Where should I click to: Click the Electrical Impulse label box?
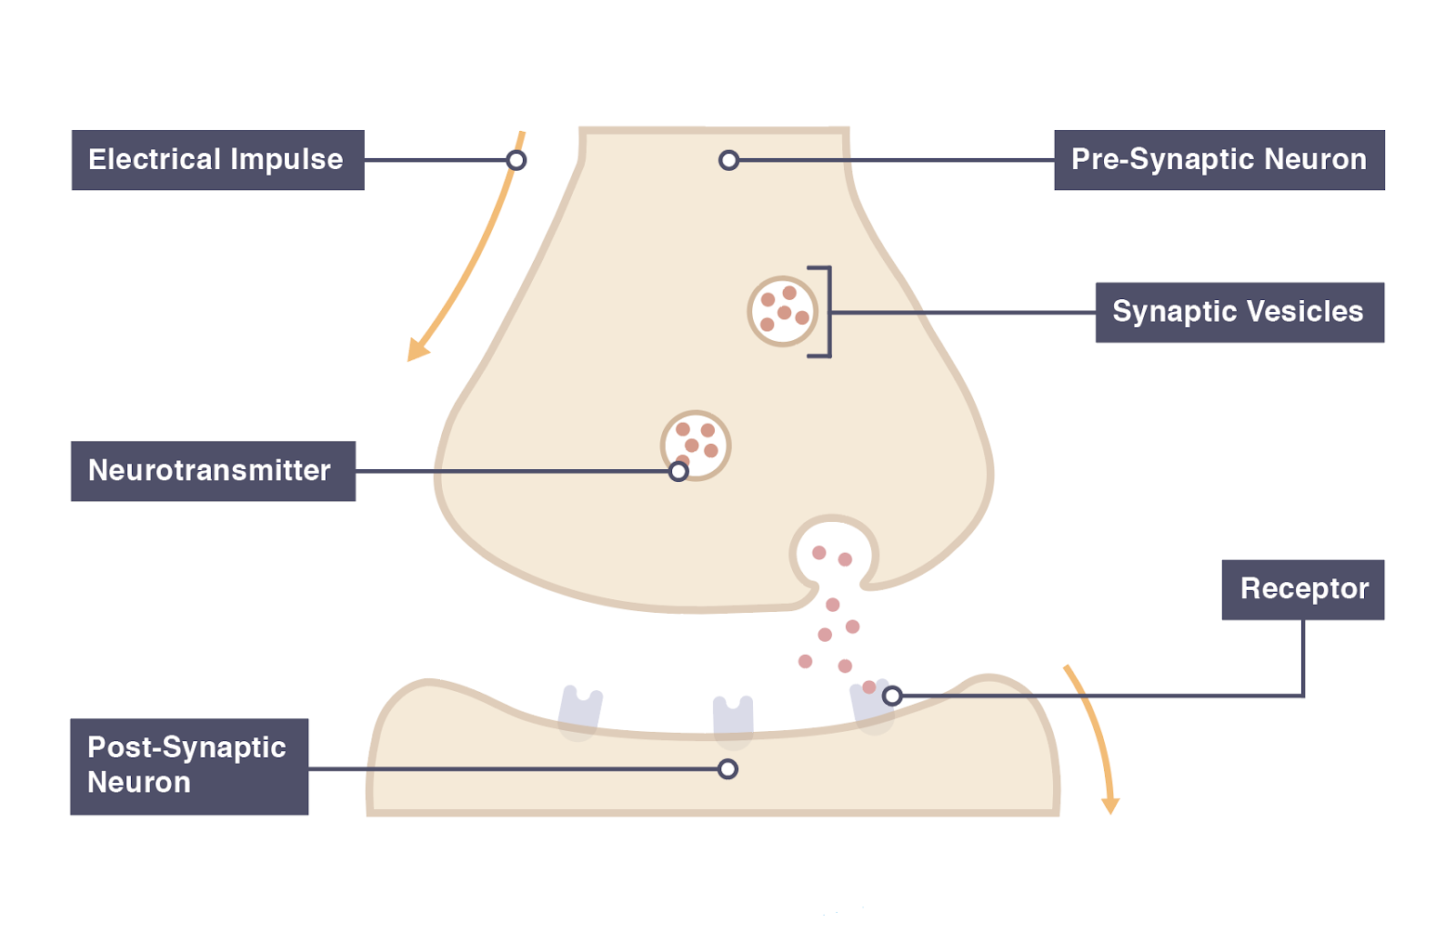click(x=218, y=160)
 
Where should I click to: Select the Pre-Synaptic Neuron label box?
click(x=1219, y=160)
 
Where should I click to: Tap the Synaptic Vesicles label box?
click(x=1239, y=312)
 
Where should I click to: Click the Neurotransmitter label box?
click(x=213, y=471)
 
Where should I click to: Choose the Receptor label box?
click(x=1302, y=589)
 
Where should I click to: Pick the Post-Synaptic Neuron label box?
click(x=189, y=766)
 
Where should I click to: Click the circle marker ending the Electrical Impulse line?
click(x=517, y=161)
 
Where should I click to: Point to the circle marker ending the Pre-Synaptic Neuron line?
click(x=728, y=161)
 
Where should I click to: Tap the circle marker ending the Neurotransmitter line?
click(x=678, y=471)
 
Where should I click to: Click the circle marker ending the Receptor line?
click(x=892, y=696)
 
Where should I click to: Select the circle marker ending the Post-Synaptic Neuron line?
click(x=727, y=769)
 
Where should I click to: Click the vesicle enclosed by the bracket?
click(x=782, y=311)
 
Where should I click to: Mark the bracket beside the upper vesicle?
click(x=824, y=312)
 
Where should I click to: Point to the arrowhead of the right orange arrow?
click(x=1110, y=805)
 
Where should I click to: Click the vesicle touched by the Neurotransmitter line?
click(x=696, y=445)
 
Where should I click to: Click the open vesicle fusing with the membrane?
click(x=833, y=551)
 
